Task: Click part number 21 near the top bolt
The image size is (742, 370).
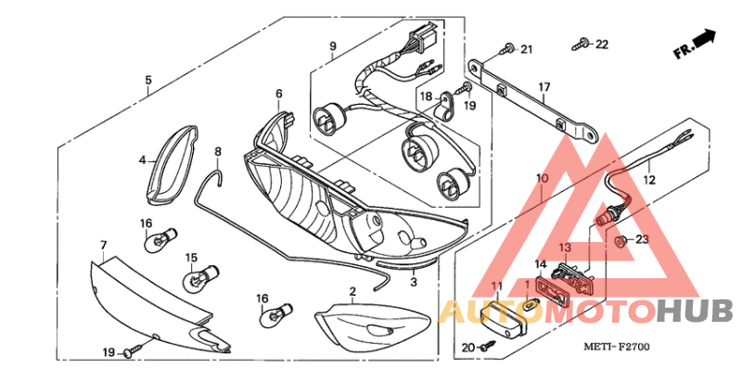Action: click(x=527, y=49)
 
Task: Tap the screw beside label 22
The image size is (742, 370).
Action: click(x=581, y=45)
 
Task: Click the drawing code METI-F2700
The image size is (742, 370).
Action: click(x=617, y=347)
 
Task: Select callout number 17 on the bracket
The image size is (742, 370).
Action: click(x=544, y=87)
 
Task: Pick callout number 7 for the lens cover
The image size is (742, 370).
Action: click(x=104, y=245)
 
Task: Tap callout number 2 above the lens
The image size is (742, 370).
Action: click(x=352, y=291)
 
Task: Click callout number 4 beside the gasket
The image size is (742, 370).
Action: click(x=143, y=160)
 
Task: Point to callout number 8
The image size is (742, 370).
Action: click(x=218, y=152)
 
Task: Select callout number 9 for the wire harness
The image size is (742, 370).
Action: click(x=333, y=45)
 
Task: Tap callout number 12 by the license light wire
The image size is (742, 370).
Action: click(x=649, y=180)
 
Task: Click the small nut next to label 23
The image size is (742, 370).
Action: click(x=618, y=242)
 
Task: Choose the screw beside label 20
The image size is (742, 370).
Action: click(x=488, y=347)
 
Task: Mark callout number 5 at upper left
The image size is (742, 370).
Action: click(x=148, y=80)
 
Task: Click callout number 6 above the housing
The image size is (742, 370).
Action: click(x=279, y=94)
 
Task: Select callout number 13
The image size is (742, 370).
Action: click(x=565, y=248)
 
